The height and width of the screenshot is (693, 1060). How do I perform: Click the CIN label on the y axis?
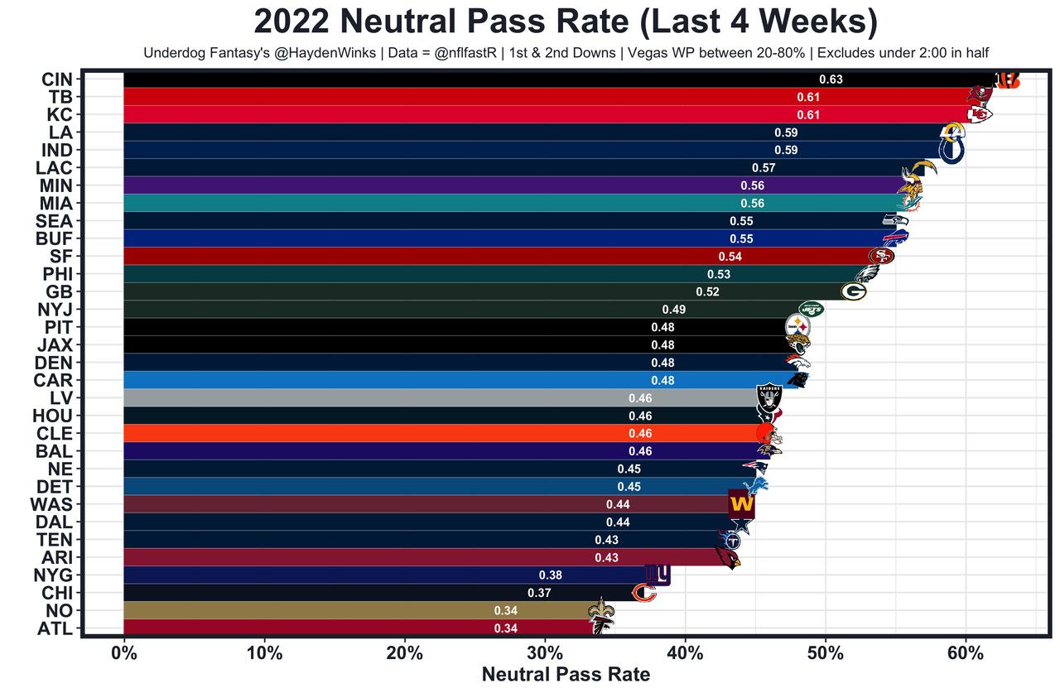56,79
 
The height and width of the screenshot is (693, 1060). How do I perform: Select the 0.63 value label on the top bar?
831,79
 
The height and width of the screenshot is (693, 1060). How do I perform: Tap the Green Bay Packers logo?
853,291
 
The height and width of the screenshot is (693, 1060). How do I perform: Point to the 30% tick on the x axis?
545,652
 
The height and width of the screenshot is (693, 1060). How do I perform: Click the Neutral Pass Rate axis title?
566,674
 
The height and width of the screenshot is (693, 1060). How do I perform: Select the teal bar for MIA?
414,203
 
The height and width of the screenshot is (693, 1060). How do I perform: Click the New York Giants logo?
657,575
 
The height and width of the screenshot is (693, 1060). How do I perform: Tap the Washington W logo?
741,503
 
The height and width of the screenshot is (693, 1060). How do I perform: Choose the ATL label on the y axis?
56,628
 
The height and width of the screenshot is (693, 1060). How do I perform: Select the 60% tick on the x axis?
966,652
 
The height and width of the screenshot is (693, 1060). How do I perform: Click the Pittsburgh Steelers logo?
797,326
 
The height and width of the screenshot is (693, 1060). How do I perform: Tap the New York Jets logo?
812,310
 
